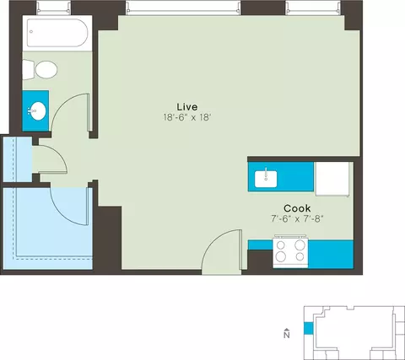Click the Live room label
(x=187, y=107)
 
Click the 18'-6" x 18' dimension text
(x=187, y=117)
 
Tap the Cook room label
(x=297, y=208)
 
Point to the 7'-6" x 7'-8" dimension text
(x=297, y=219)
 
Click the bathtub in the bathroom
(x=57, y=33)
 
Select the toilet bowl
(x=46, y=70)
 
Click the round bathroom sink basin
(x=37, y=110)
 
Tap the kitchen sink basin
(x=266, y=179)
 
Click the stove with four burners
(x=290, y=251)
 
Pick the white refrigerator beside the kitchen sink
(x=332, y=179)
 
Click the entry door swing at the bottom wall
(x=222, y=250)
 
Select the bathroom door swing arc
(x=70, y=112)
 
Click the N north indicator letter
(x=287, y=335)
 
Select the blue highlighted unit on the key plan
(x=308, y=329)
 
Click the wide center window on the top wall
(x=183, y=7)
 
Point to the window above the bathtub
(x=53, y=7)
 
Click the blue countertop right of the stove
(x=331, y=254)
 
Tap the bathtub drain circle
(x=31, y=32)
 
